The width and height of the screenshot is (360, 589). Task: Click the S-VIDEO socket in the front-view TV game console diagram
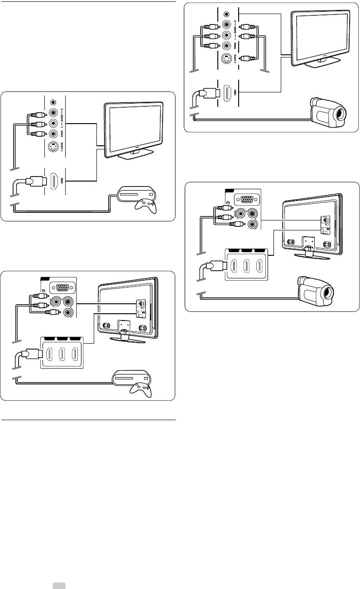click(53, 147)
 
